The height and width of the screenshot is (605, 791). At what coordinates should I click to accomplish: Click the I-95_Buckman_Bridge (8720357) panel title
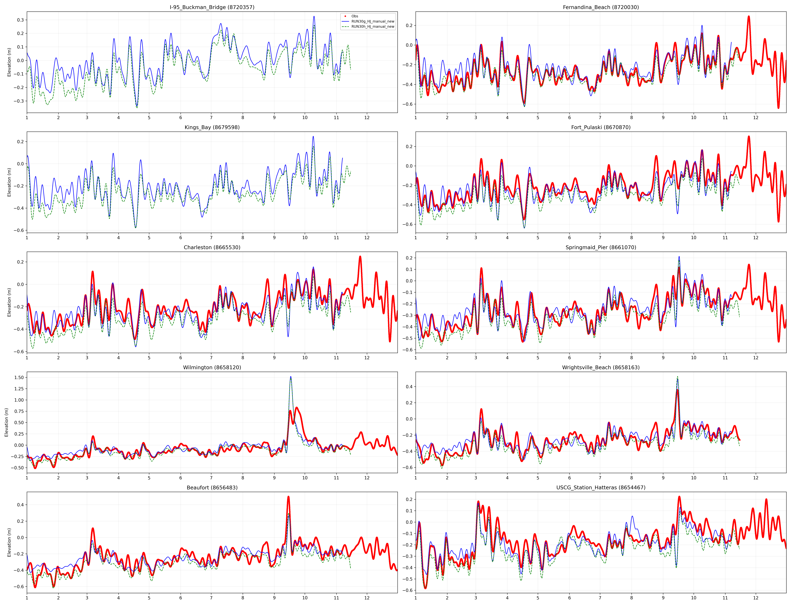(x=212, y=7)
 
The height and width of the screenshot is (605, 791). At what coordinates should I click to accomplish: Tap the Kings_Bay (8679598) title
(x=212, y=127)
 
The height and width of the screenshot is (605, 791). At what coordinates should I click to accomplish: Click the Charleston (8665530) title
(x=212, y=247)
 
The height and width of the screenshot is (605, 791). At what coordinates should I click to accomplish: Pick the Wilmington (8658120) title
(x=212, y=367)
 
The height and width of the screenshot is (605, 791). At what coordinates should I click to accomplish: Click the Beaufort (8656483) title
(x=212, y=488)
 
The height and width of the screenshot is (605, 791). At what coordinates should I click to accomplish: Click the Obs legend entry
(x=355, y=16)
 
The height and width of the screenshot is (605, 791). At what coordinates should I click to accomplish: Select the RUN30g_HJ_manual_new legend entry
(x=373, y=21)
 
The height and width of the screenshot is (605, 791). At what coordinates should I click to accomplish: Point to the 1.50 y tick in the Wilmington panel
(x=19, y=377)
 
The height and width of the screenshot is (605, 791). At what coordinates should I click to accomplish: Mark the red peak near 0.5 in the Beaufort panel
(x=288, y=497)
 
